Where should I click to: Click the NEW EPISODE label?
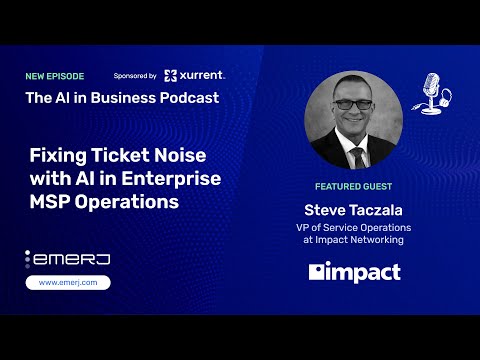coord(56,76)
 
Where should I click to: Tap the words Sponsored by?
coord(135,76)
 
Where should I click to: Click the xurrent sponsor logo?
coord(195,75)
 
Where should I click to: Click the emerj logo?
coord(67,258)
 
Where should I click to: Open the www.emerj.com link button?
coord(67,282)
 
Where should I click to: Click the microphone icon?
coord(431,92)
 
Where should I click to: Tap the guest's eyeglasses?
coord(352,103)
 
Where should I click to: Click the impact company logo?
coord(355,272)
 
